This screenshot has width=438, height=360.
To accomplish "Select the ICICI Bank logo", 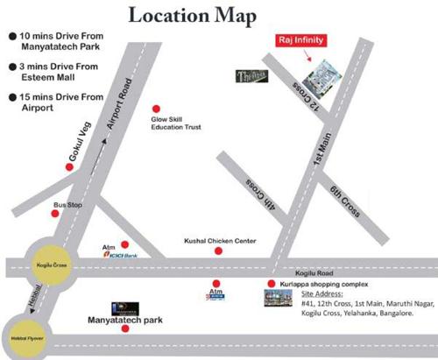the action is click(x=144, y=256).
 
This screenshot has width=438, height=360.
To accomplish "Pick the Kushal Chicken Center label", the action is click(x=218, y=239).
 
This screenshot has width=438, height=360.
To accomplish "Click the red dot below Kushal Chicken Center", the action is click(x=218, y=252).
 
